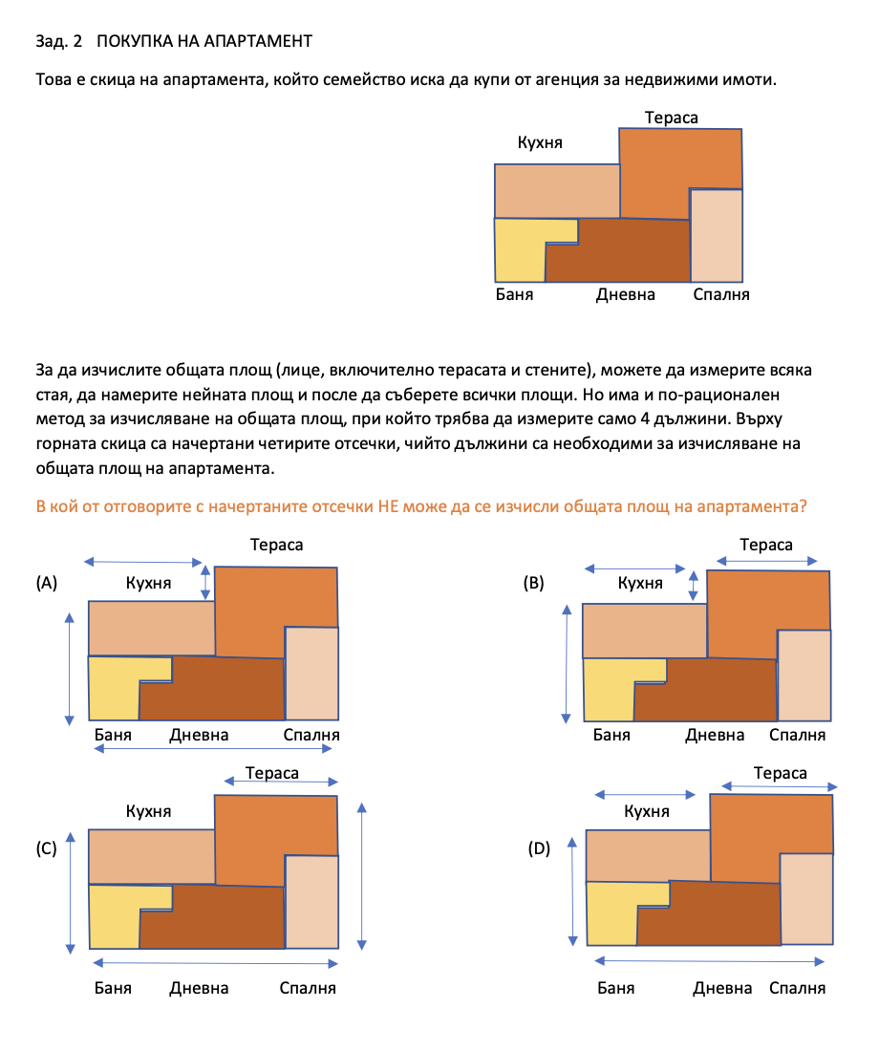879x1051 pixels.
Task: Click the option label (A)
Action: pos(46,583)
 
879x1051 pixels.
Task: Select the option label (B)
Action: pos(534,583)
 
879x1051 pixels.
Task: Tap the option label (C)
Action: pos(46,848)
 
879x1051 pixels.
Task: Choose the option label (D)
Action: pos(539,848)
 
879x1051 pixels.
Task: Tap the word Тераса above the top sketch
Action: pos(671,118)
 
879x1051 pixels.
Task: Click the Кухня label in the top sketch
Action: pos(540,142)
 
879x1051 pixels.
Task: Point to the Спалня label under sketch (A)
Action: pos(311,736)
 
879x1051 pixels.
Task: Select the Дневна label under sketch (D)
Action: pos(722,988)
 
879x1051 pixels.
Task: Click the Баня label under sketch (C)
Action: pos(113,988)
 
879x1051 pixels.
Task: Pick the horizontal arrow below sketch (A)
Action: pos(213,749)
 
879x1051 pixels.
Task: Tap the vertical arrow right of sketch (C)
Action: pos(362,876)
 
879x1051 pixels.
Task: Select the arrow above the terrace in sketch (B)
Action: pos(767,561)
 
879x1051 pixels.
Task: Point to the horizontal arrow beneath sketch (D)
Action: pos(709,961)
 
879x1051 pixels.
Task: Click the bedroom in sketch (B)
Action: pos(804,676)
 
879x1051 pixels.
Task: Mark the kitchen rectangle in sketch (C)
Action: pos(152,857)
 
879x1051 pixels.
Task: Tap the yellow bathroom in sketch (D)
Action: pos(611,912)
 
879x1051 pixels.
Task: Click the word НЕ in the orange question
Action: pos(389,506)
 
